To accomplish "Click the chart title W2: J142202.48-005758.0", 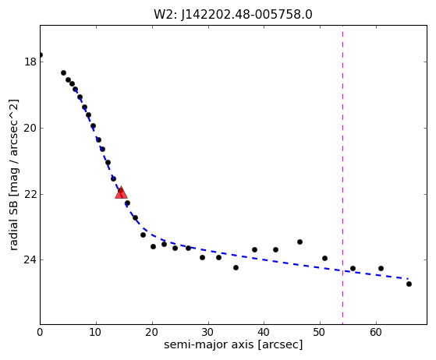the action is [233, 15].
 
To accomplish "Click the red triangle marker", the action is [121, 192].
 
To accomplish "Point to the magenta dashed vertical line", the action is [342, 175].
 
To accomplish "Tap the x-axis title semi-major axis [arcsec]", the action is [233, 344].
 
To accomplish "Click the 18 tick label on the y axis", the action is [30, 62].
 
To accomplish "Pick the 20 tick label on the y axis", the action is [30, 128].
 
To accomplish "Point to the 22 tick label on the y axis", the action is [30, 194].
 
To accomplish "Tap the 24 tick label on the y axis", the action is [30, 260].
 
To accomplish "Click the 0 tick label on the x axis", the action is [40, 332].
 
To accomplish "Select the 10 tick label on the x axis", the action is [96, 332].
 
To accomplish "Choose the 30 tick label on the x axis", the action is [208, 332].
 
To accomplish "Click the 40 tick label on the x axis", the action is [264, 332].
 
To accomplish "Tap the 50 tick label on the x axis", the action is [320, 332].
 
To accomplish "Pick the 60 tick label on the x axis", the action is [376, 332].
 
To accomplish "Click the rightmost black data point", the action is [409, 284].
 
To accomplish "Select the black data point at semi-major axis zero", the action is [41, 55].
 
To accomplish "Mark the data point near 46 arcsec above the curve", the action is [300, 242].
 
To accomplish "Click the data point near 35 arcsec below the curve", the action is [236, 268].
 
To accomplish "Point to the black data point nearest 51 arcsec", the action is [324, 259].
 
